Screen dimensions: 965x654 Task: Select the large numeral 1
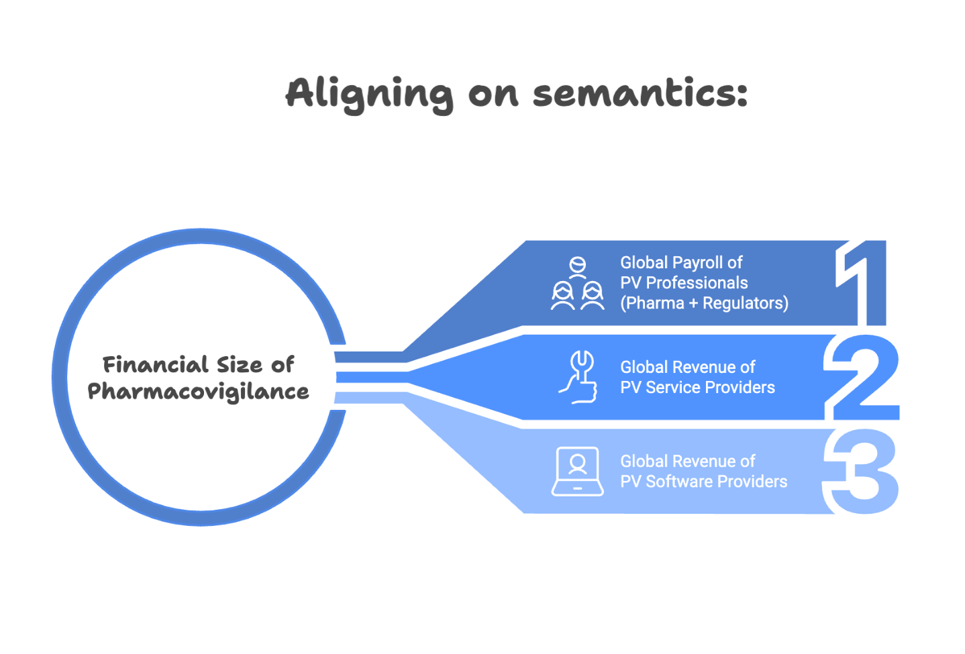861,282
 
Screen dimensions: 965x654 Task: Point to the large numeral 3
861,472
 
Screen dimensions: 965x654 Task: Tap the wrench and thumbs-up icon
578,377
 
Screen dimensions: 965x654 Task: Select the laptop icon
577,472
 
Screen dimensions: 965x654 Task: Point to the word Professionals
697,283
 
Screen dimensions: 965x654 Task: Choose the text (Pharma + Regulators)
705,303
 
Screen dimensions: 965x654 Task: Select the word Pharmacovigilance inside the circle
198,392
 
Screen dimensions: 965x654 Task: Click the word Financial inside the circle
156,365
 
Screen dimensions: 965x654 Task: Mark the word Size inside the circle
240,365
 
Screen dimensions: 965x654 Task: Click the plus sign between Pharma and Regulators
693,304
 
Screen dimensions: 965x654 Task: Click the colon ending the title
742,94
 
